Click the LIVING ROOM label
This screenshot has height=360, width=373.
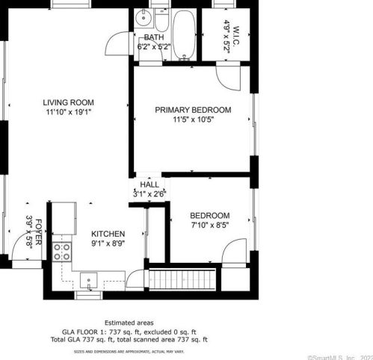click(x=68, y=102)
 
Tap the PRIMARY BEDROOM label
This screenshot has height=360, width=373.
click(x=193, y=110)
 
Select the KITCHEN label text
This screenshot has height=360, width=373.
click(x=108, y=234)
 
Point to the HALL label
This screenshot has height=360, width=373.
click(x=149, y=184)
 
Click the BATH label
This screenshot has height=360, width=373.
click(x=154, y=37)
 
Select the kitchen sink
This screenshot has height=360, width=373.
click(x=90, y=282)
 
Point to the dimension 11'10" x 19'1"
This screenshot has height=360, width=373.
click(x=68, y=112)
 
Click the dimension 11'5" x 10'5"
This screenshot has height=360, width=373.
click(x=193, y=120)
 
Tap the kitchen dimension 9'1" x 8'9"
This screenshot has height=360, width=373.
click(x=108, y=243)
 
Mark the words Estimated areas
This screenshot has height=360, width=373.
click(x=129, y=323)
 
